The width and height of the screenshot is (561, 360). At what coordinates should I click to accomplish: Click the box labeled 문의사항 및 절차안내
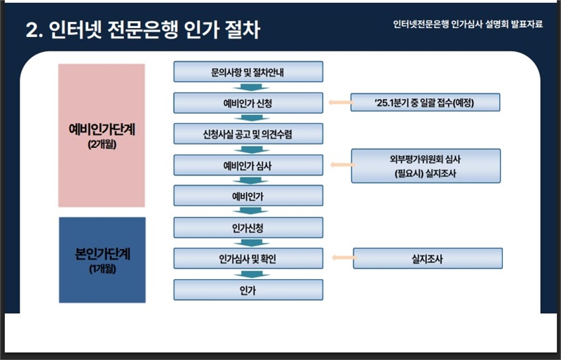tap(248, 72)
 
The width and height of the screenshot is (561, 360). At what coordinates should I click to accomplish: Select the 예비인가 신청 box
tap(248, 102)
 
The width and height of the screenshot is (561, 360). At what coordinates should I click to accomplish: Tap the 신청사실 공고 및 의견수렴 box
tap(248, 133)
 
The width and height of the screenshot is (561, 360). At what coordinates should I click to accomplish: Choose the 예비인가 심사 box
tap(248, 165)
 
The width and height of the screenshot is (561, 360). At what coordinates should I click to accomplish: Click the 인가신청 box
tap(248, 227)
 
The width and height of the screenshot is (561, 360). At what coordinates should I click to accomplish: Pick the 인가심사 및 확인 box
tap(248, 258)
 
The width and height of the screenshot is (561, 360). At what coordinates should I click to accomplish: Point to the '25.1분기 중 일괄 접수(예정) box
tap(425, 102)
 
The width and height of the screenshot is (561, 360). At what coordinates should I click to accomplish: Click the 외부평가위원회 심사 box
tap(426, 166)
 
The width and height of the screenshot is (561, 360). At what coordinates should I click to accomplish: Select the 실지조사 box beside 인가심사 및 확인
tap(428, 258)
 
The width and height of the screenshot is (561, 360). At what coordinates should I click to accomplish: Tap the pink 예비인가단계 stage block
tap(102, 135)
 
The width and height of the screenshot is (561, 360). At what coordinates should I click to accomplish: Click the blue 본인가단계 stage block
tap(102, 260)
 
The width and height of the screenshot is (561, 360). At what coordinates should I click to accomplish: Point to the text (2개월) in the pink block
tap(102, 145)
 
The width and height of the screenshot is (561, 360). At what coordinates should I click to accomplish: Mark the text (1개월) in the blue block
tap(102, 268)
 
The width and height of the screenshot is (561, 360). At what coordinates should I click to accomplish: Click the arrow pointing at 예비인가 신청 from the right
tap(342, 102)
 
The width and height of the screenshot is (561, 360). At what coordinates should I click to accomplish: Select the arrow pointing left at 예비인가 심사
tap(343, 165)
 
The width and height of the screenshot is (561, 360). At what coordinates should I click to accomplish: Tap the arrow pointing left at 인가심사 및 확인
tap(344, 258)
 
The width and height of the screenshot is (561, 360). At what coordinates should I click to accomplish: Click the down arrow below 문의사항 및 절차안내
tap(251, 87)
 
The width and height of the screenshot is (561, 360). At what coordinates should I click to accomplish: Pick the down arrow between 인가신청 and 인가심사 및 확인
tap(251, 243)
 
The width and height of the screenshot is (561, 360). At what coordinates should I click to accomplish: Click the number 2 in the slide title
tap(32, 30)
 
